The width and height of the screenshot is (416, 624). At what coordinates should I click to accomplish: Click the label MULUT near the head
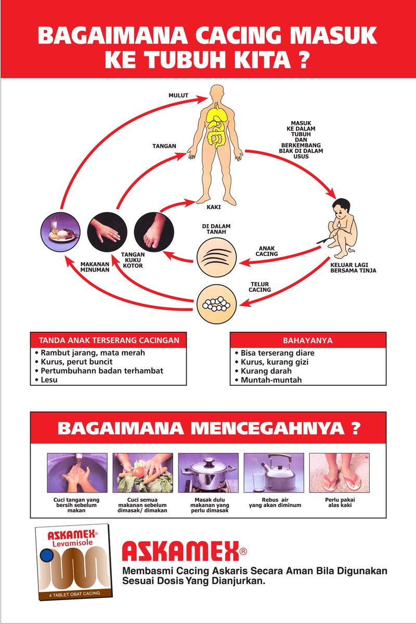[x=178, y=96]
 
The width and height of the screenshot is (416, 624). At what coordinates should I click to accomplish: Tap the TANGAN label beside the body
[x=164, y=146]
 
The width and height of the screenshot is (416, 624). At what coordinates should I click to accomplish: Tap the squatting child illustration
[x=343, y=229]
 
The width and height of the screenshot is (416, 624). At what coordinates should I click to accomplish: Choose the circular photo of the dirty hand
[x=106, y=229]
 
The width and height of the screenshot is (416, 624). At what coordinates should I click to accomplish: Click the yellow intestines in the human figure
[x=216, y=136]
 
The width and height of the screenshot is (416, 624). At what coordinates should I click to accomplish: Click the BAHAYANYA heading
[x=308, y=341]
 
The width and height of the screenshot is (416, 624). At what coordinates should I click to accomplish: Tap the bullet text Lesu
[x=49, y=380]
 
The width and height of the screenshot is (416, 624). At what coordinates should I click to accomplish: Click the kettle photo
[x=274, y=472]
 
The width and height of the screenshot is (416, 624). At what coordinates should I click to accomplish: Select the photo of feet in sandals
[x=339, y=472]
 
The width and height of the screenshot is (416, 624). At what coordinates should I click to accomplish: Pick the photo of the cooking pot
[x=208, y=472]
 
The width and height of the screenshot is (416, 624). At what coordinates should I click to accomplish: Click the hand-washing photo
[x=77, y=472]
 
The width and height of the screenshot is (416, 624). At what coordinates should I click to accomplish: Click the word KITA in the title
[x=257, y=60]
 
